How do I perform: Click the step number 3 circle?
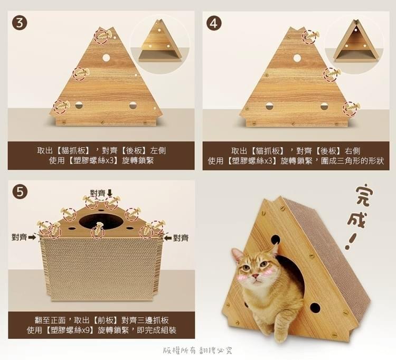(x=20, y=23)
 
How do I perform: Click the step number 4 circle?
(x=214, y=23)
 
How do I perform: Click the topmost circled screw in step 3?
(x=102, y=35)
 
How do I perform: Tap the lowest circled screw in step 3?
(x=61, y=106)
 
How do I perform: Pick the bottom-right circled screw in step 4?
(x=351, y=108)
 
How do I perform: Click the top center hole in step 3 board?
(x=106, y=57)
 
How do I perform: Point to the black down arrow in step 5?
(x=110, y=192)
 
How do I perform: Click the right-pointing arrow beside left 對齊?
(x=32, y=238)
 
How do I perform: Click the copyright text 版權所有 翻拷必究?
(x=198, y=350)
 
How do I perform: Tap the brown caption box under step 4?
(x=296, y=155)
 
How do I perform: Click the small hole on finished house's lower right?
(x=315, y=307)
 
